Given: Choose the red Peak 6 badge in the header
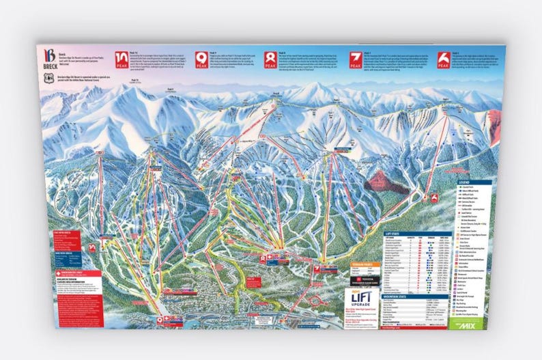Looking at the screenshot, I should pos(444,59).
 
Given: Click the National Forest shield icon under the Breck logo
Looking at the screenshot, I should pos(46,78).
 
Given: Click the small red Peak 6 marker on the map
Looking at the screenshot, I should pos(434,198).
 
